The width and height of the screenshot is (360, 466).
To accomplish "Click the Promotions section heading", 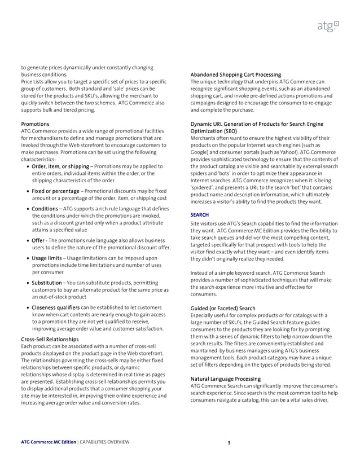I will (35, 124).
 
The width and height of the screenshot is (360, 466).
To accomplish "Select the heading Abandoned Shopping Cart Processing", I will (236, 74).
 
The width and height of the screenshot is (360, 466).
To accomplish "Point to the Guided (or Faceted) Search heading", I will (223, 308).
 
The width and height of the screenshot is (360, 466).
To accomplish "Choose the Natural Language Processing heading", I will (226, 379).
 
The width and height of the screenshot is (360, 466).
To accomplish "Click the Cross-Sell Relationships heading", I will (50, 338).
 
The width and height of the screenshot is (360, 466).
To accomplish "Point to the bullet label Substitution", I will (47, 283).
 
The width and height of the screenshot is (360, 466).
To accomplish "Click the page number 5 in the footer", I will (229, 443).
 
